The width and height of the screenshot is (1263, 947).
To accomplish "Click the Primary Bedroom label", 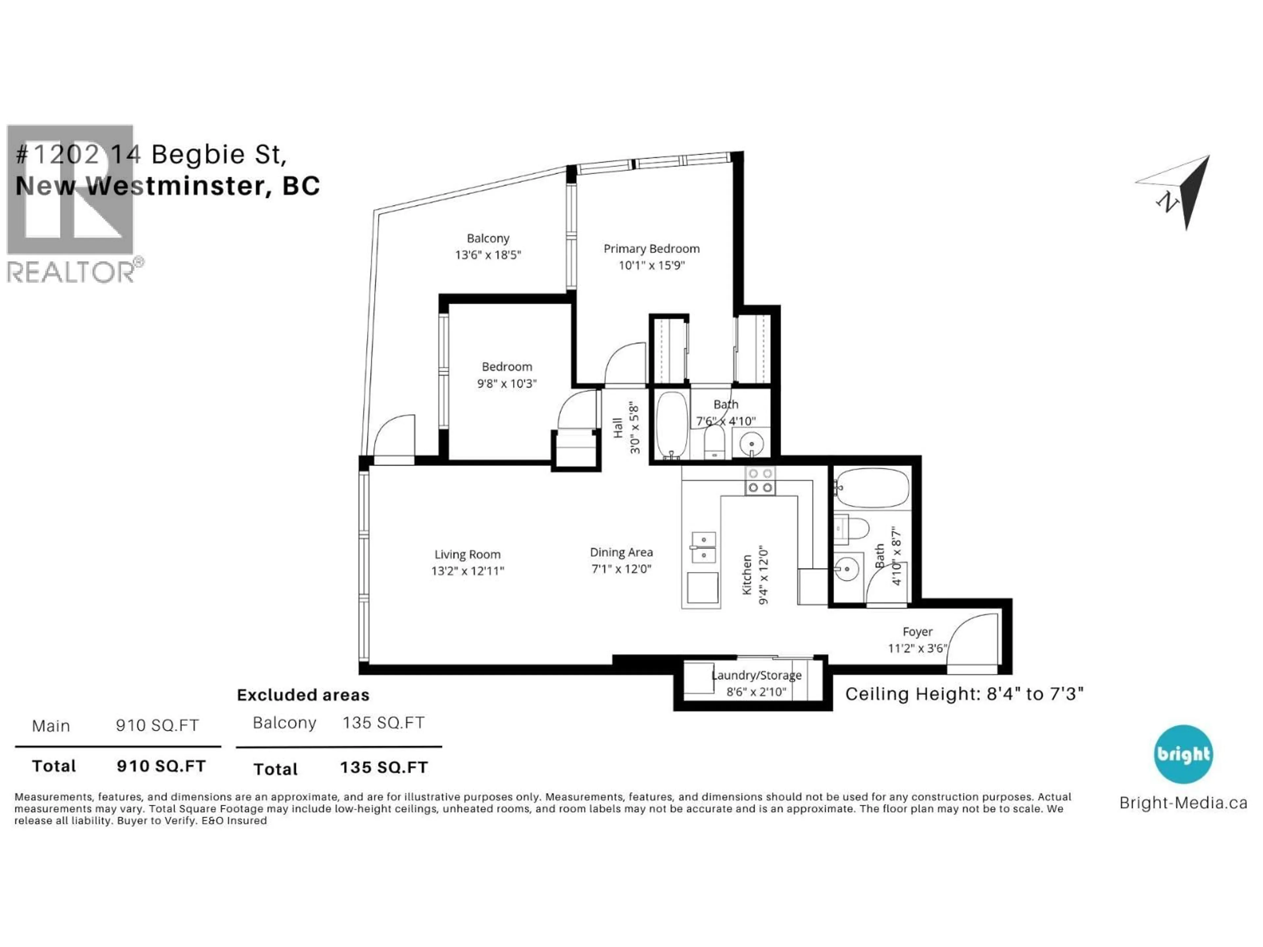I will tap(652, 249).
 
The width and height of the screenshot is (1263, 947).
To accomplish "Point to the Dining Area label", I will tap(621, 552).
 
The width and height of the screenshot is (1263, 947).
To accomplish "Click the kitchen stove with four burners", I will tap(760, 481).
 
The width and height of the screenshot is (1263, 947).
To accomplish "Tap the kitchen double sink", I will tap(704, 547).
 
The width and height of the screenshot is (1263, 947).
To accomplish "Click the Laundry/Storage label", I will tap(756, 675).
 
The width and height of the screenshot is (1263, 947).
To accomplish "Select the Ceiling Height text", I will tap(964, 694).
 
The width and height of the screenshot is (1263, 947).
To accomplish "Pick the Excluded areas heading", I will tap(303, 695).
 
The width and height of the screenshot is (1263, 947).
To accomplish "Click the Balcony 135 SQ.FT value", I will tap(383, 723).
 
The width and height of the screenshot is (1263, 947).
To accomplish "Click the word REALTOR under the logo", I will tap(71, 272).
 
